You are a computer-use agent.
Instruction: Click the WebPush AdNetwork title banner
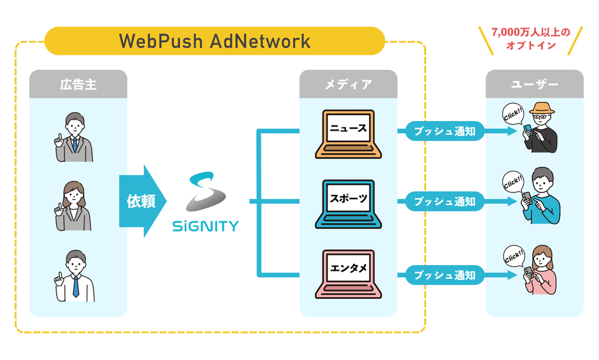coord(215,41)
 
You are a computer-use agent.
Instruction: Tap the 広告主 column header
coord(78,84)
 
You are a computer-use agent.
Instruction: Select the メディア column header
coord(348,84)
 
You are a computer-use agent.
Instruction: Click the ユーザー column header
coord(534,84)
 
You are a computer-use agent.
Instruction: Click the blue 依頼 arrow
coord(141,201)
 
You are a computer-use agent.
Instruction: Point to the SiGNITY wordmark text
coord(206,226)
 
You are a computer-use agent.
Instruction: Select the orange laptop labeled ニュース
coord(348,134)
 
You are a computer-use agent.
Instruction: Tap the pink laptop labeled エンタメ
coord(348,274)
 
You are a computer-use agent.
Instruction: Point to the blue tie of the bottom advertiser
coord(75,287)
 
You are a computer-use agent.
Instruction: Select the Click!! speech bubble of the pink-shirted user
coord(513,257)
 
